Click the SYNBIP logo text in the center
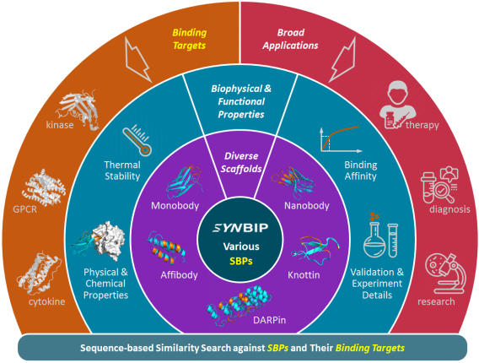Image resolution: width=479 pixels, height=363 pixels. tap(240, 228)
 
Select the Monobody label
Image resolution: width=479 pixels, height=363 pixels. tap(175, 205)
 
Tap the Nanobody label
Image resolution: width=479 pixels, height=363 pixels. tap(307, 205)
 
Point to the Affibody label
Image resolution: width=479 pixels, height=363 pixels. tap(179, 275)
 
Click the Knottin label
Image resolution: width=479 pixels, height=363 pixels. tap(304, 275)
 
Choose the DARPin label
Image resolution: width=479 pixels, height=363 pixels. tap(270, 320)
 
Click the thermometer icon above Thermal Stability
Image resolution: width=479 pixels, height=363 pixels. tap(137, 141)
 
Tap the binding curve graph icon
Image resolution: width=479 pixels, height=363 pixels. tap(341, 139)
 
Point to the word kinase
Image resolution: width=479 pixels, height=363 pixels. tap(60, 125)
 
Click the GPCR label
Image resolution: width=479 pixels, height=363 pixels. tap(24, 209)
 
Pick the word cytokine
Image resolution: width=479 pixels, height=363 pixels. tap(46, 302)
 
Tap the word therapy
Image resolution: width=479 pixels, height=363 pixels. tap(422, 125)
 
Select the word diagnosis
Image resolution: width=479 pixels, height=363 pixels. tap(449, 209)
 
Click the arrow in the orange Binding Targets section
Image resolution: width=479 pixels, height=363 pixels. tap(138, 60)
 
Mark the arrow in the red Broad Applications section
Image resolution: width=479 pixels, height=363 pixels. tap(342, 60)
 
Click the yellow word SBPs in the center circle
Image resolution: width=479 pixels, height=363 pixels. tap(241, 261)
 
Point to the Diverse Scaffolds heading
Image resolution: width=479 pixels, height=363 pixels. tap(241, 162)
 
